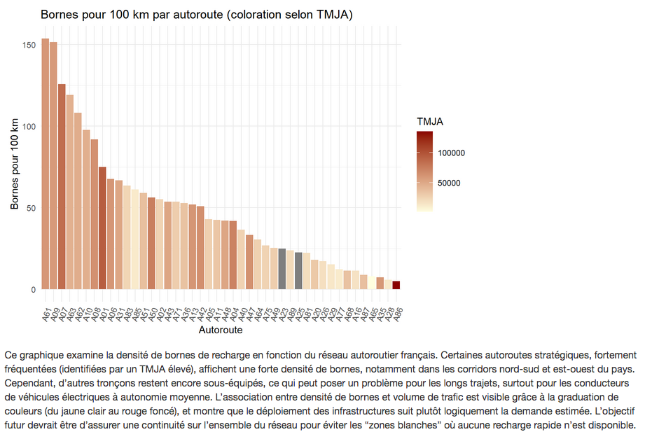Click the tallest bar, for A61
46,164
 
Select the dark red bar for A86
396,285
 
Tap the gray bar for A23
282,269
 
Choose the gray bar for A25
298,271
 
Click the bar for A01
102,228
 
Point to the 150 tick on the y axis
29,45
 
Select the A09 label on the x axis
53,313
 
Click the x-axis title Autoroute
221,329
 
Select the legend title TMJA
429,121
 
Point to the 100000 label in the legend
452,153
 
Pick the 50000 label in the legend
449,183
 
